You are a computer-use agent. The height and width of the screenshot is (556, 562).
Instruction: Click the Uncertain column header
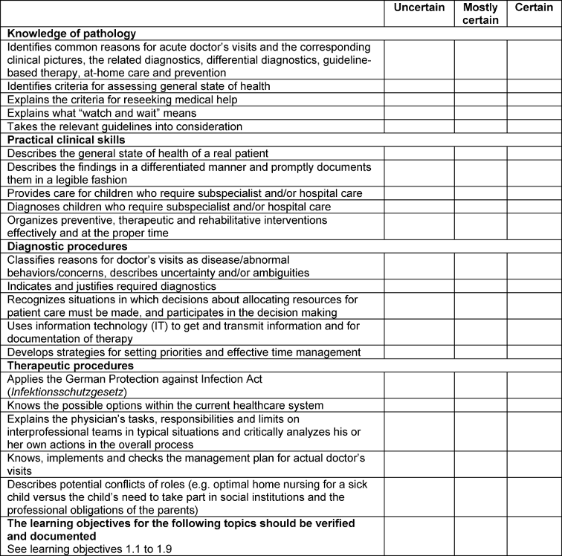pos(419,8)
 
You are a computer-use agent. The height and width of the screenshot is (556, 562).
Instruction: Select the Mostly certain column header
pos(480,13)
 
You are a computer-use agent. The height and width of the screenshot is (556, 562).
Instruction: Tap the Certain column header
pos(534,8)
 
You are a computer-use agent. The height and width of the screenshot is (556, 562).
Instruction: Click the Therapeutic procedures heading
pos(70,366)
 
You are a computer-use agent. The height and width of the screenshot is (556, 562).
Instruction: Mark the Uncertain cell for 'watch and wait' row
pos(419,113)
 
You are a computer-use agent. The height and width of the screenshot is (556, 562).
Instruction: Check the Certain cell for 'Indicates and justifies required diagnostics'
pos(534,286)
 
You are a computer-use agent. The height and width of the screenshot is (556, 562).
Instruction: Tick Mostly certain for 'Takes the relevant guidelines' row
pos(480,126)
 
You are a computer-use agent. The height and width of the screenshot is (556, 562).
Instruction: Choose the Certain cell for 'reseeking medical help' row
pos(534,100)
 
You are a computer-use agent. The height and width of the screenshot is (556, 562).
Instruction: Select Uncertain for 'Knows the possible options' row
pos(419,405)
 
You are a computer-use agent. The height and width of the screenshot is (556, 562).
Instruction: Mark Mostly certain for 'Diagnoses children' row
pos(480,206)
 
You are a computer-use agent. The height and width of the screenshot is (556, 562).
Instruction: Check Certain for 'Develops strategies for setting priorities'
pos(534,352)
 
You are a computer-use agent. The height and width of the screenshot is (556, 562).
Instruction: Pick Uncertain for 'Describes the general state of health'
pos(419,153)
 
